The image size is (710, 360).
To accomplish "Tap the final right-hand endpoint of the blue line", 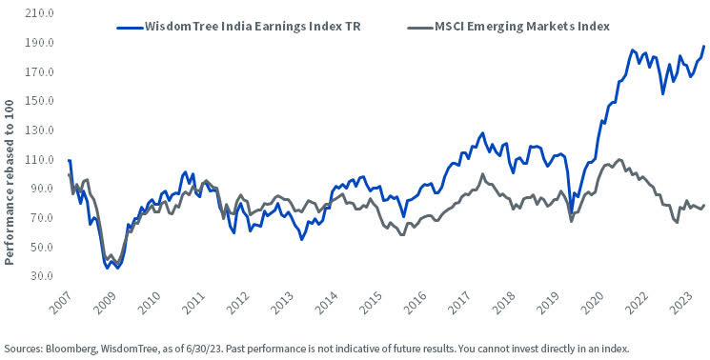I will coord(704,47).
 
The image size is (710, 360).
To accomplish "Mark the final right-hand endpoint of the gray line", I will coord(704,206).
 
